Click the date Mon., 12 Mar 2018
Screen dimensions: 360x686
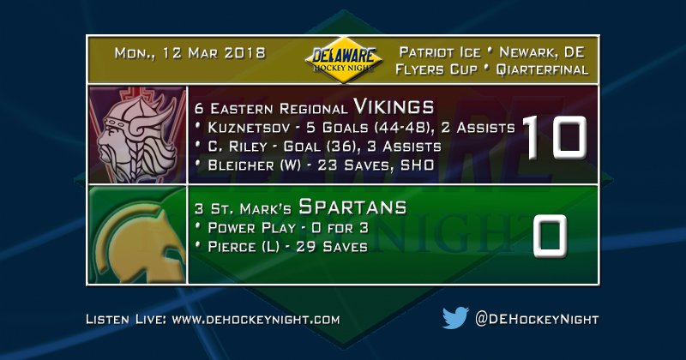click(189, 53)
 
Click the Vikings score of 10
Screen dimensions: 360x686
click(555, 136)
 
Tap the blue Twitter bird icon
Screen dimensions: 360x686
click(454, 319)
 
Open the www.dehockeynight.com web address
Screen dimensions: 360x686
click(256, 320)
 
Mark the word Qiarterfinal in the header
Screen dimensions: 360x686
click(545, 69)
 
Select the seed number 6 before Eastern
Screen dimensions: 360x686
click(199, 109)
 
